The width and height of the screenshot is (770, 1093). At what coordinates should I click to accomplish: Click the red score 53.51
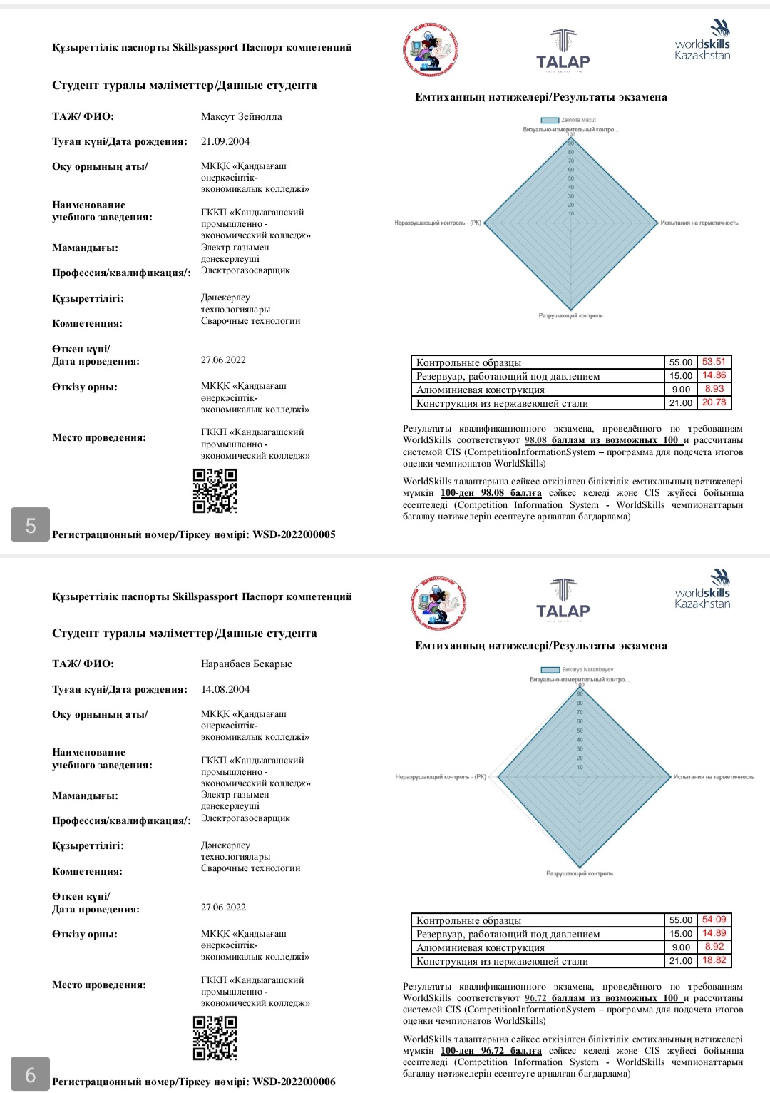(x=714, y=362)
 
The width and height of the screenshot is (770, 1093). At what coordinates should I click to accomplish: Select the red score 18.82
(x=714, y=960)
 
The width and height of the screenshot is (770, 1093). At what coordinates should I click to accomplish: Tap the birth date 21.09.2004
(x=225, y=141)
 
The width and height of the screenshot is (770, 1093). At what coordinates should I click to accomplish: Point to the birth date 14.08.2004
(x=225, y=689)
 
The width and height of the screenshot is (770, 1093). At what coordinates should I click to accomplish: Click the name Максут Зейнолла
(x=241, y=116)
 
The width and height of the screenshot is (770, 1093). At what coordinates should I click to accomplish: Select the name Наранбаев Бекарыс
(x=246, y=664)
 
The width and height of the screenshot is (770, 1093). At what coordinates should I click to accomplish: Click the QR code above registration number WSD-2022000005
(x=215, y=491)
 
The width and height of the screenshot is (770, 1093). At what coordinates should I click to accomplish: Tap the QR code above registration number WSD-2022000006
(x=215, y=1038)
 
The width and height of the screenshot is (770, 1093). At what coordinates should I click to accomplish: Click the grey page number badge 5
(x=30, y=525)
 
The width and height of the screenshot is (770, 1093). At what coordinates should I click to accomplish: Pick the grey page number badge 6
(x=30, y=1074)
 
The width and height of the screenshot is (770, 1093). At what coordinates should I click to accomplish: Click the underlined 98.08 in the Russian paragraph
(x=535, y=440)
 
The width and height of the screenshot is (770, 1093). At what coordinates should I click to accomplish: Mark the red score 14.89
(x=714, y=933)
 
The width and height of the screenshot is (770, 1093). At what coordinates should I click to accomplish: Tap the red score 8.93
(x=714, y=389)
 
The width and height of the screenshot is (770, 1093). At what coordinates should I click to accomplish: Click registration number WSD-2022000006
(x=294, y=1082)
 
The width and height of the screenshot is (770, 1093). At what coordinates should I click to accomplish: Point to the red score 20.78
(x=714, y=402)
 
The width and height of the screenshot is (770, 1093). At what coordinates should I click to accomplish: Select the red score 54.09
(x=714, y=920)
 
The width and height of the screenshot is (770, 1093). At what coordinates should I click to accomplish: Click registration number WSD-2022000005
(x=294, y=534)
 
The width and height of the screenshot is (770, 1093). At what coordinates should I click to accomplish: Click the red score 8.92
(x=714, y=947)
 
